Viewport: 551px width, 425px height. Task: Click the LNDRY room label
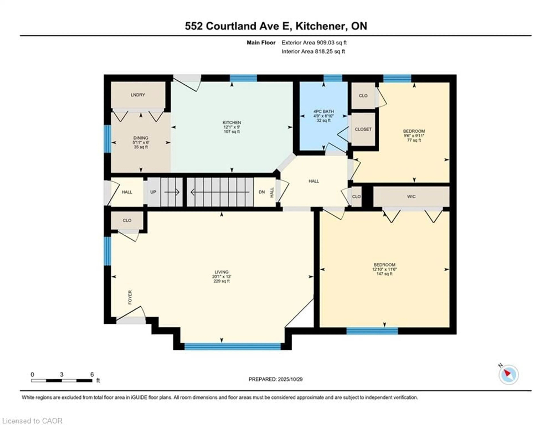[x=138, y=95]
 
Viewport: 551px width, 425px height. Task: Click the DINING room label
[x=141, y=138]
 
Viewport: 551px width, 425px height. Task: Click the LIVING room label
[x=222, y=272]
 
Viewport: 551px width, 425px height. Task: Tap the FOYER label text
[x=130, y=297]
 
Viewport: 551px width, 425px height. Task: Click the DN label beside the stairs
[x=262, y=192]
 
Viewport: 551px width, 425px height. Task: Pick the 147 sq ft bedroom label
[x=384, y=265]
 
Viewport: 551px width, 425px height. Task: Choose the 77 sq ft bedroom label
[x=414, y=131]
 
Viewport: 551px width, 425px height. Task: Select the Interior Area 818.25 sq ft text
[x=313, y=51]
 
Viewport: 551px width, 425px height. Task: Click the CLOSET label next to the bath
[x=363, y=129]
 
